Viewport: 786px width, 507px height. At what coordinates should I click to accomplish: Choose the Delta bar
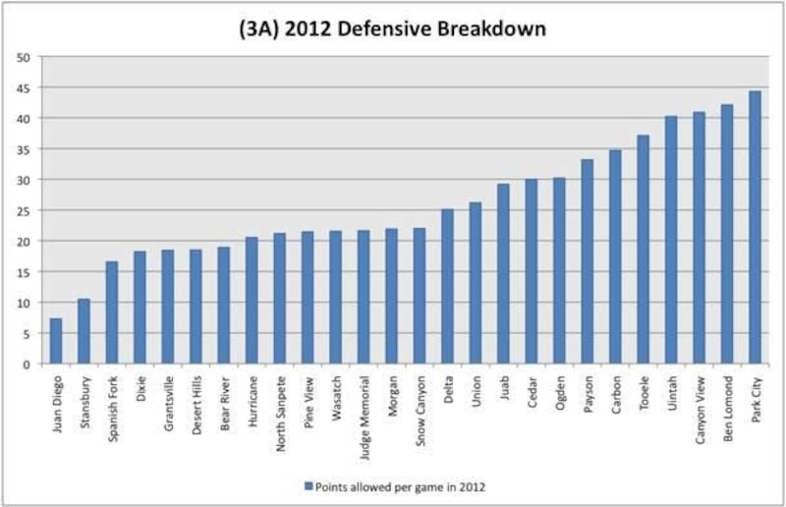447,286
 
